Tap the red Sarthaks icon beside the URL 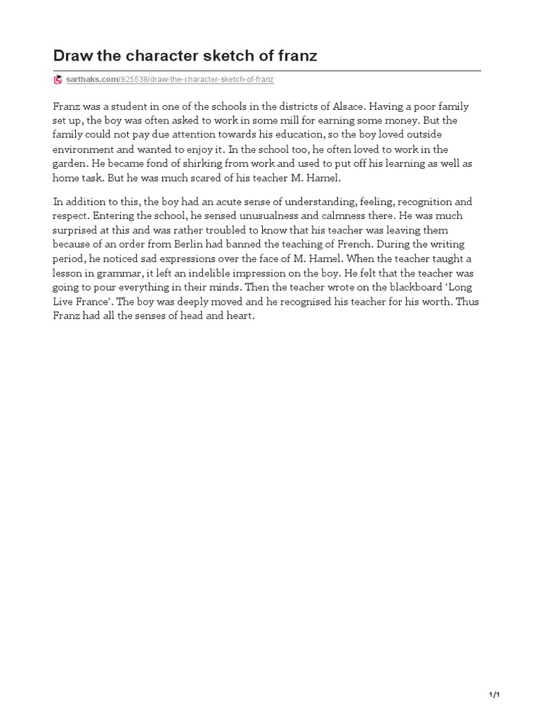click(x=58, y=80)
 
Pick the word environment click(x=82, y=148)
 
